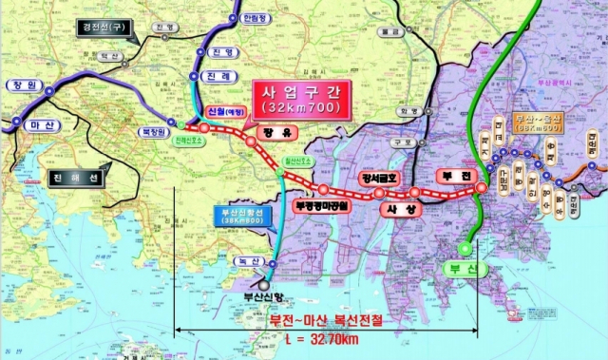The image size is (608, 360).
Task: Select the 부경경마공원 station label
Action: click(323, 203)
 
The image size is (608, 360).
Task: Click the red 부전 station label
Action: click(446, 176)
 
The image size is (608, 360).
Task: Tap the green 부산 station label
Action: click(484, 270)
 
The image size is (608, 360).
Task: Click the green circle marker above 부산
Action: click(464, 248)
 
